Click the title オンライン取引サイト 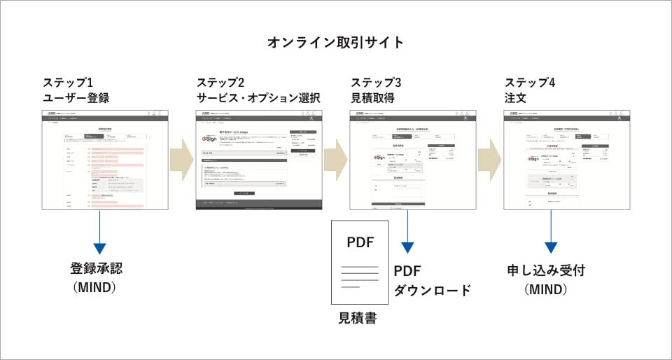(x=335, y=43)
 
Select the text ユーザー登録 (x=76, y=98)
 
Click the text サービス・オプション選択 (x=258, y=98)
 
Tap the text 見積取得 (x=372, y=98)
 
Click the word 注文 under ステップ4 (x=515, y=98)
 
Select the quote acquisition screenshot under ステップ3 (x=413, y=159)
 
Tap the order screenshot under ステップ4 (x=567, y=159)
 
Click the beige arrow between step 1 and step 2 (x=181, y=159)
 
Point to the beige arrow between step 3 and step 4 (x=489, y=159)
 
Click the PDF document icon (x=360, y=263)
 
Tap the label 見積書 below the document (x=358, y=318)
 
